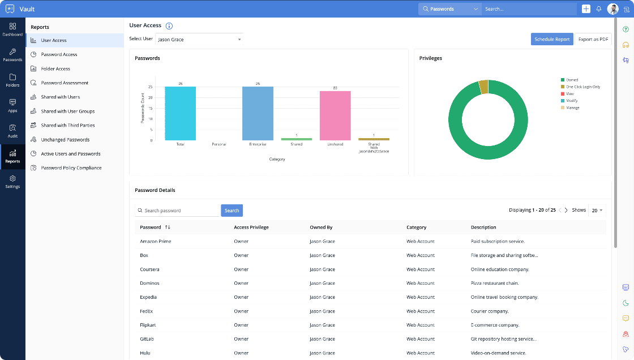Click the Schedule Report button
(552, 39)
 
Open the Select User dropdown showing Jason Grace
(199, 40)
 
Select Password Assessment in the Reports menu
(65, 83)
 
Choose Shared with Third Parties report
(67, 125)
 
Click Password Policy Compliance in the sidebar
(71, 168)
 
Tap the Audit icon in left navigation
(12, 131)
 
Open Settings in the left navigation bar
(12, 181)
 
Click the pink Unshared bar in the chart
(335, 115)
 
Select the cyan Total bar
(180, 113)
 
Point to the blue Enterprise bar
(258, 113)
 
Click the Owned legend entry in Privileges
(572, 80)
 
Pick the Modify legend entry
(572, 101)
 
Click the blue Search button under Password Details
(232, 211)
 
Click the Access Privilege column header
(251, 228)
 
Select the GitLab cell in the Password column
(147, 338)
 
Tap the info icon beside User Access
(169, 26)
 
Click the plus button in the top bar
(586, 9)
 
